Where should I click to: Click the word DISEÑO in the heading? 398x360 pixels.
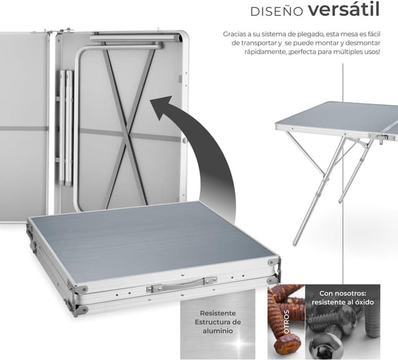tap(276, 11)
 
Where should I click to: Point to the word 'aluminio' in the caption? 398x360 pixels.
tap(218, 332)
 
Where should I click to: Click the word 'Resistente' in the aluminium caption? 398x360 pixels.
tap(218, 313)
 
